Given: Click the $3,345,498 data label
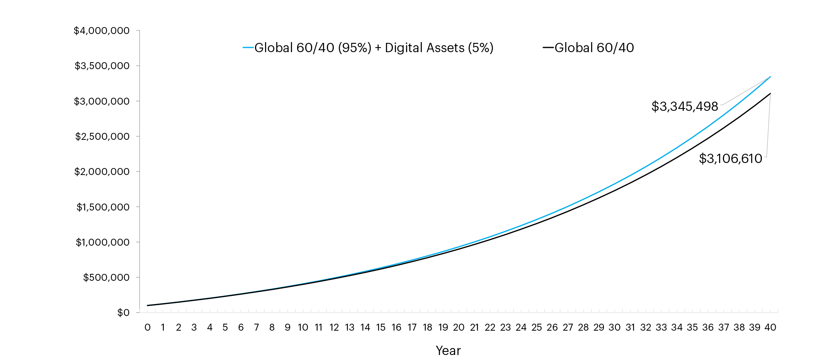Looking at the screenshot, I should click(x=685, y=106).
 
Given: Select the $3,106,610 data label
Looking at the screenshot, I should click(x=730, y=158).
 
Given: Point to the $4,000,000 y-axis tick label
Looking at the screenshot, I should click(x=102, y=31).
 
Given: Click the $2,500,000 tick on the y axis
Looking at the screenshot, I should click(x=102, y=136).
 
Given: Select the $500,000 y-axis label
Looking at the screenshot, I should click(x=106, y=277).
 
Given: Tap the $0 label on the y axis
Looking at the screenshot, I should click(x=123, y=312).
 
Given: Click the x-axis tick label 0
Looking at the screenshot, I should click(x=147, y=328).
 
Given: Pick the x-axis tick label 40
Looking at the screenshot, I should click(x=770, y=328).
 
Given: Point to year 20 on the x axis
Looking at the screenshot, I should click(x=459, y=328).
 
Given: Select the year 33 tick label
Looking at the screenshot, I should click(x=661, y=328).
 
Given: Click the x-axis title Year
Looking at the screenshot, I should click(x=448, y=350).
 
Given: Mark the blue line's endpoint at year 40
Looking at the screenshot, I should click(x=770, y=76).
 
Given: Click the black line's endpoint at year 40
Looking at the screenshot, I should click(x=770, y=93).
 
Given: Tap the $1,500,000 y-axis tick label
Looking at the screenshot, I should click(x=103, y=207).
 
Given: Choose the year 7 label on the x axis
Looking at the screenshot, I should click(x=257, y=328).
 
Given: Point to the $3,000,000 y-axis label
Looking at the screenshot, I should click(x=102, y=101).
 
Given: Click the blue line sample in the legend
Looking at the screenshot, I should click(x=248, y=48).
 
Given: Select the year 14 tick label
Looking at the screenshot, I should click(x=365, y=328).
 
